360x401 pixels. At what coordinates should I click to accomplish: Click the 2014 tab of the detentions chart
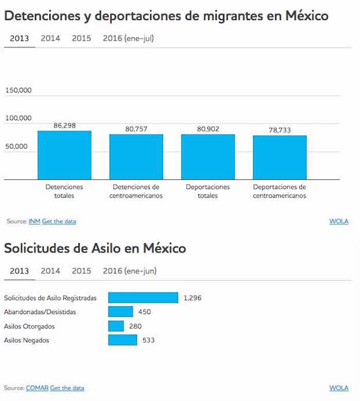tap(50, 39)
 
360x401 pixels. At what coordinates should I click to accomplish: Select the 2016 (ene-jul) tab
tap(128, 39)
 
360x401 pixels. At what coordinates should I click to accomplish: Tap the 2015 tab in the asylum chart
tap(81, 271)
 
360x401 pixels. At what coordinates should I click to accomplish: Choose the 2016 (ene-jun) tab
tap(130, 271)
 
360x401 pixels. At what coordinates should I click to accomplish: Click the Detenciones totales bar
tap(64, 155)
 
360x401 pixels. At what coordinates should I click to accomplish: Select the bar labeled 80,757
tap(136, 157)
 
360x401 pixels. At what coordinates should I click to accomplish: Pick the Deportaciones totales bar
tap(208, 157)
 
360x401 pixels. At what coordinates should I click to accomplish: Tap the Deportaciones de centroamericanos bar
tap(280, 157)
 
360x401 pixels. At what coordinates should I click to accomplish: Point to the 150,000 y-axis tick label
tap(19, 90)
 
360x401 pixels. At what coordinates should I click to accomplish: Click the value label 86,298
tap(64, 125)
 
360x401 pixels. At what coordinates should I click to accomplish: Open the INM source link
tap(34, 222)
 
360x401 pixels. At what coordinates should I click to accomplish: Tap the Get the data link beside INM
tap(59, 222)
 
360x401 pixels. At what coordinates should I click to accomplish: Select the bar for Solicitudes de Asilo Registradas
tap(143, 298)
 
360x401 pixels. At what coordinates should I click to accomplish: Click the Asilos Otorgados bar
tap(116, 326)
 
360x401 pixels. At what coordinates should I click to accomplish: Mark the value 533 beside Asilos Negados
tap(148, 340)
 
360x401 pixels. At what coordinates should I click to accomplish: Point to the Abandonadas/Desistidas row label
tap(40, 312)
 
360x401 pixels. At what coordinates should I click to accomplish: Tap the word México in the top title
tap(305, 16)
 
